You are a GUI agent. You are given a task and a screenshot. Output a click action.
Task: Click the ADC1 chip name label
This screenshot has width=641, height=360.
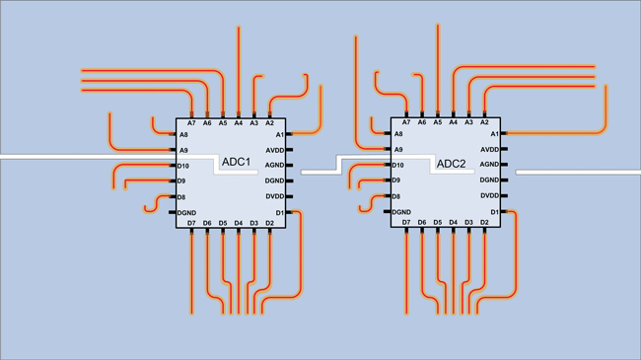(x=236, y=162)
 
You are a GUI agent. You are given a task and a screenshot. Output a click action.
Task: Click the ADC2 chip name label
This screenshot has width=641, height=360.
(x=451, y=164)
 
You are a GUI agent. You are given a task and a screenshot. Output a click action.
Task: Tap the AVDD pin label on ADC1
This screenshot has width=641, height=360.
(x=275, y=151)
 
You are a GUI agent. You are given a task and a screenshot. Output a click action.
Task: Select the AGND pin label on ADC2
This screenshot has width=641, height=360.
(x=489, y=165)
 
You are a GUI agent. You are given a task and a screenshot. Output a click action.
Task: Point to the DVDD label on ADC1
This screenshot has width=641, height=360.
(x=275, y=196)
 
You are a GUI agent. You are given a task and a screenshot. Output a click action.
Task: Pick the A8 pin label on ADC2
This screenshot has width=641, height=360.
(x=398, y=134)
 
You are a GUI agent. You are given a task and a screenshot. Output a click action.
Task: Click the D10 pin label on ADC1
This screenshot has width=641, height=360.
(x=183, y=166)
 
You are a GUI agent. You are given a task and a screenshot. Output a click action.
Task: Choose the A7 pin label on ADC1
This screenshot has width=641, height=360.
(x=191, y=123)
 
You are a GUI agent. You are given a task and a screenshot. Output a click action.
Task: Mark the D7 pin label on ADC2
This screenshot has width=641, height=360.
(x=406, y=223)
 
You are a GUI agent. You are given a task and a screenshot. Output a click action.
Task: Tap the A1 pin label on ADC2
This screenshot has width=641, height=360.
(x=495, y=134)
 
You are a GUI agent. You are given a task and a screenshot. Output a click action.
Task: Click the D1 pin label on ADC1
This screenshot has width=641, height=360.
(x=280, y=213)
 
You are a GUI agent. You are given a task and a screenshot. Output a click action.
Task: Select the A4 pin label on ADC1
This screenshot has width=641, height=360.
(x=239, y=123)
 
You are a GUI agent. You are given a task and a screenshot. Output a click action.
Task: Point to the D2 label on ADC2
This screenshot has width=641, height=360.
(x=484, y=223)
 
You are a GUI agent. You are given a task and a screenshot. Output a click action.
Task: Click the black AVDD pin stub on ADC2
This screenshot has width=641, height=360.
(x=504, y=149)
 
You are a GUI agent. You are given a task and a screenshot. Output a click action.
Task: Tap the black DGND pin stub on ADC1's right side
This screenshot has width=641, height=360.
(x=289, y=180)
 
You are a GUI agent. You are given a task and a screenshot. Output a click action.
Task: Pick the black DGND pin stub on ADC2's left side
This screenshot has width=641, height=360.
(x=388, y=211)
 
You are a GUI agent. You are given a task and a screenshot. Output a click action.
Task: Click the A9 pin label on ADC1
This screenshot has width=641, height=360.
(x=183, y=151)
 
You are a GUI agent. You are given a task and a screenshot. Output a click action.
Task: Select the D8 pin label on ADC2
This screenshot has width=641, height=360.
(x=396, y=197)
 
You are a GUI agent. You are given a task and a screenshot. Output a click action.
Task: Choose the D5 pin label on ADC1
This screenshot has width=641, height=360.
(x=223, y=223)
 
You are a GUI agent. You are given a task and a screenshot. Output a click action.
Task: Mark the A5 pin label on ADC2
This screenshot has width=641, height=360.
(x=438, y=122)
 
